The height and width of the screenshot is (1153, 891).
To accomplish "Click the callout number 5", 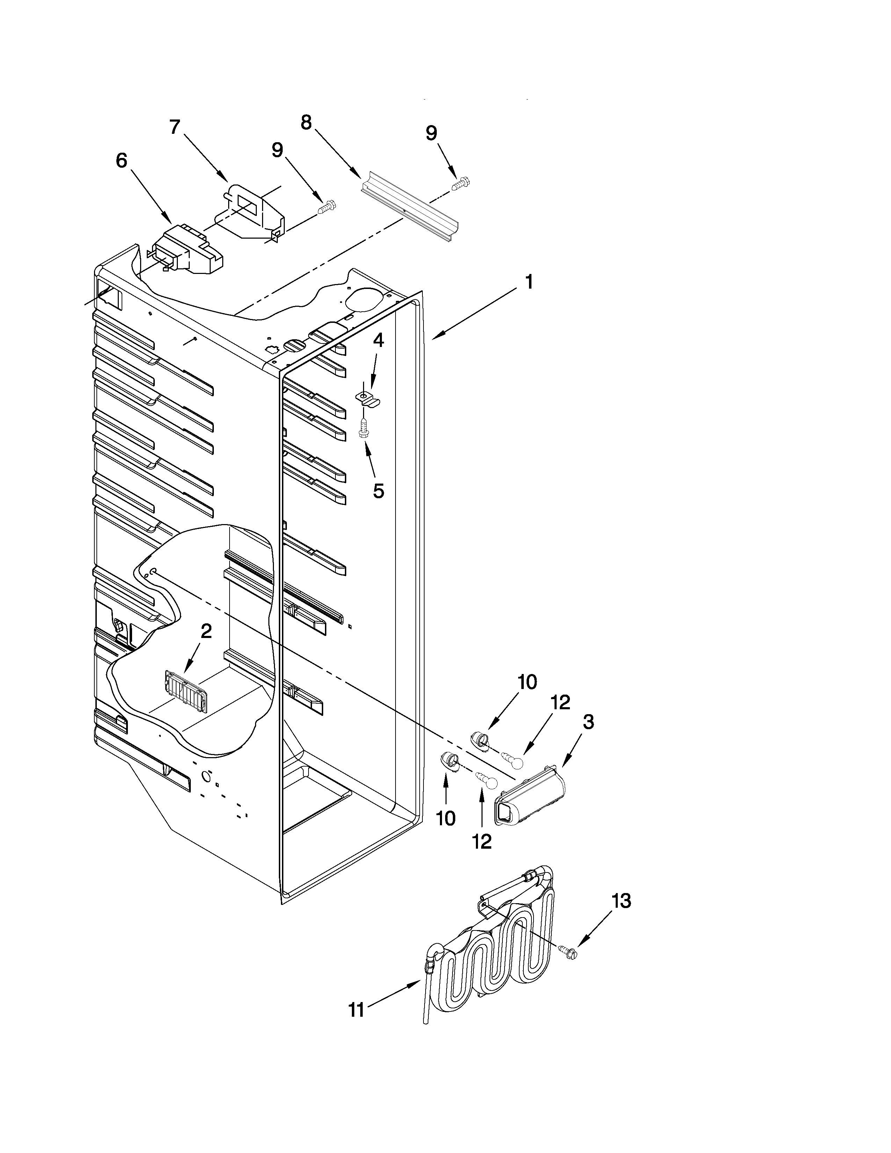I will [378, 491].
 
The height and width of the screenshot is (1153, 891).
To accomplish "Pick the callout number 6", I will [121, 160].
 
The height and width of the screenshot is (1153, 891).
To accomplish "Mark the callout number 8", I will [306, 123].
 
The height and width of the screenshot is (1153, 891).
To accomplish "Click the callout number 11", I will [356, 1010].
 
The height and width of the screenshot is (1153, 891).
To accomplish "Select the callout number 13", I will [621, 901].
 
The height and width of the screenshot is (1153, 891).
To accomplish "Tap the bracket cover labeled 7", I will [251, 211].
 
